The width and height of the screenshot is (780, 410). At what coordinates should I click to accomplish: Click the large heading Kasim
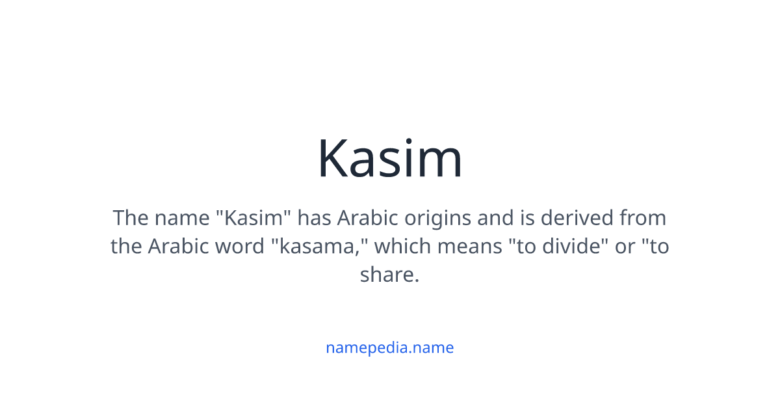pyautogui.click(x=389, y=158)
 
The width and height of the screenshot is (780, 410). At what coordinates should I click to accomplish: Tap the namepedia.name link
pyautogui.click(x=389, y=348)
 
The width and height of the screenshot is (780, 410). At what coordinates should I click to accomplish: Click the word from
pyautogui.click(x=643, y=217)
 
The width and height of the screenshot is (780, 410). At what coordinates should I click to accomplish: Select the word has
pyautogui.click(x=314, y=217)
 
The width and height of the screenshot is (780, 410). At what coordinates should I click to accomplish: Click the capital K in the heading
pyautogui.click(x=333, y=158)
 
